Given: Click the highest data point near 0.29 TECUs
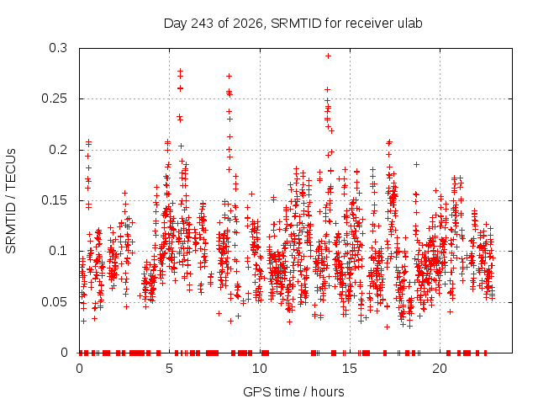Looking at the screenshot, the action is click(329, 56).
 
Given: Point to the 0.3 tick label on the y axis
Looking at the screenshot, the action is click(58, 48).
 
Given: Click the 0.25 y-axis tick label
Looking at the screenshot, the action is click(54, 99).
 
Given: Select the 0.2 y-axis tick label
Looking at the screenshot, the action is click(58, 150).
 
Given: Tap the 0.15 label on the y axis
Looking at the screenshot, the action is click(54, 200).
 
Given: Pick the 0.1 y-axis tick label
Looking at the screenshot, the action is click(58, 251).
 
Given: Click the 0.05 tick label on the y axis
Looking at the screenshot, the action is click(54, 302).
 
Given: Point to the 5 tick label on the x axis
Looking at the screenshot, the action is click(169, 369).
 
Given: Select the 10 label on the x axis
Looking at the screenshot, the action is click(260, 369).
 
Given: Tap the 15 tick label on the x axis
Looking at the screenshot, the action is click(350, 369).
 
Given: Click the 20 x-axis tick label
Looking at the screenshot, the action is click(440, 369).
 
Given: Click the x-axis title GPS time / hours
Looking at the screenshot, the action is click(293, 392).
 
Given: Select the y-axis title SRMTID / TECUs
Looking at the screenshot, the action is click(11, 201).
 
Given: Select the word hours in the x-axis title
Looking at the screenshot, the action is click(327, 392).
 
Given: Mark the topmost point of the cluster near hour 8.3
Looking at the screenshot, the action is click(229, 77).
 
